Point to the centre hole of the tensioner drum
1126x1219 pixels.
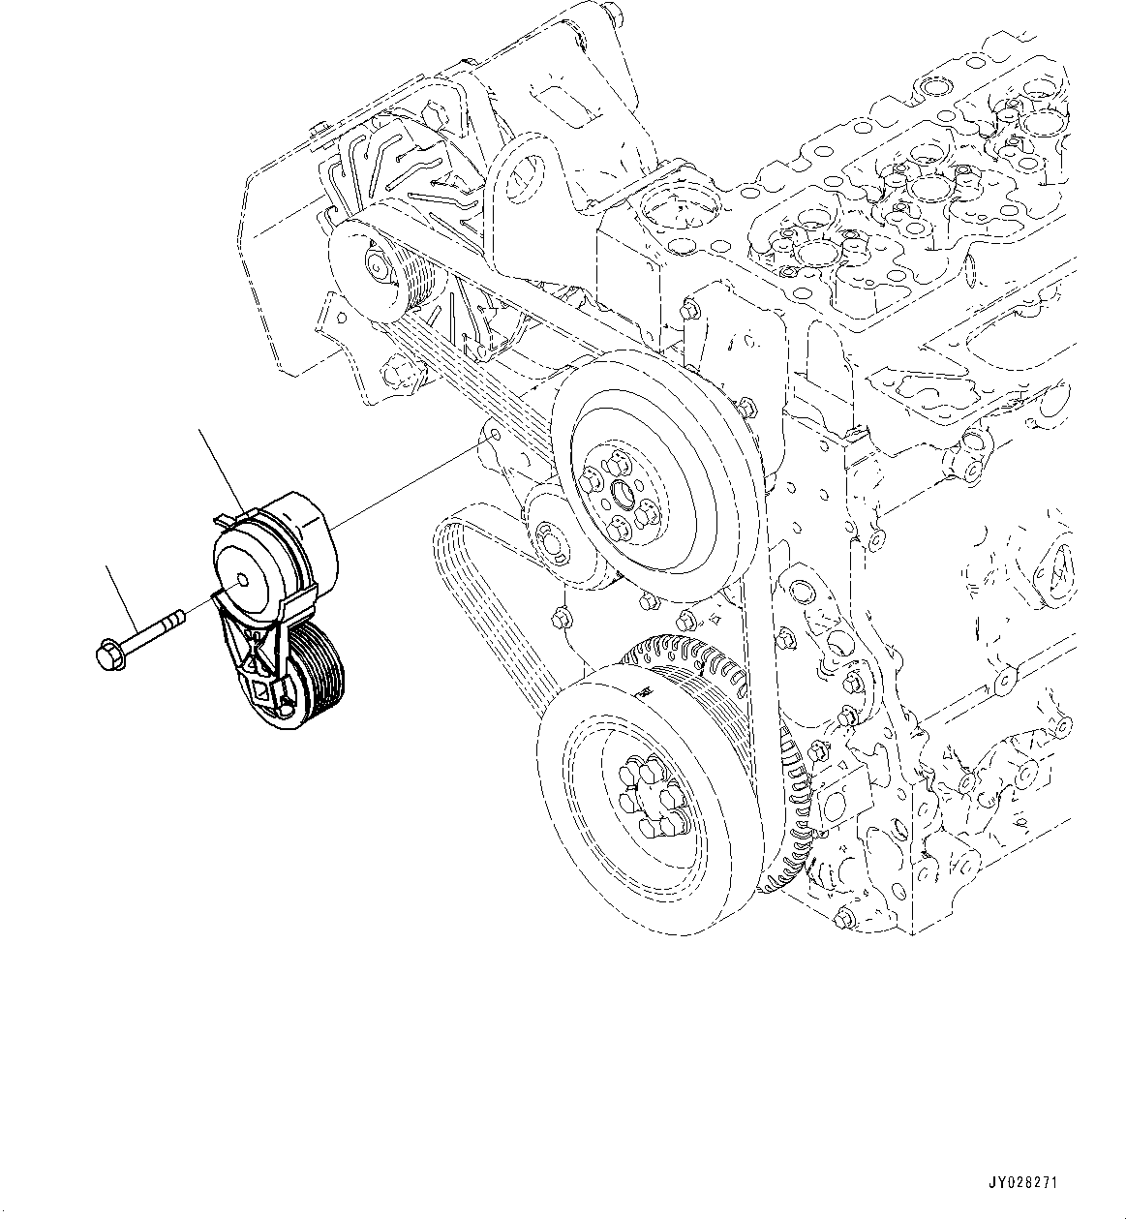click(x=241, y=582)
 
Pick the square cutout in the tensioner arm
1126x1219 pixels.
click(x=260, y=689)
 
